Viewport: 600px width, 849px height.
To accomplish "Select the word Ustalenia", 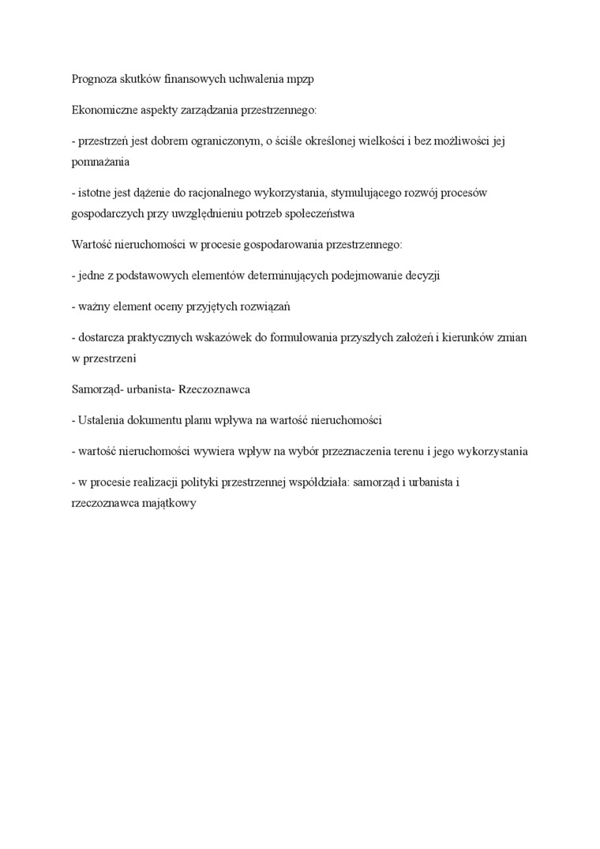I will coord(102,420).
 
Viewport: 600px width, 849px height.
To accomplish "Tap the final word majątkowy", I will coord(169,503).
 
